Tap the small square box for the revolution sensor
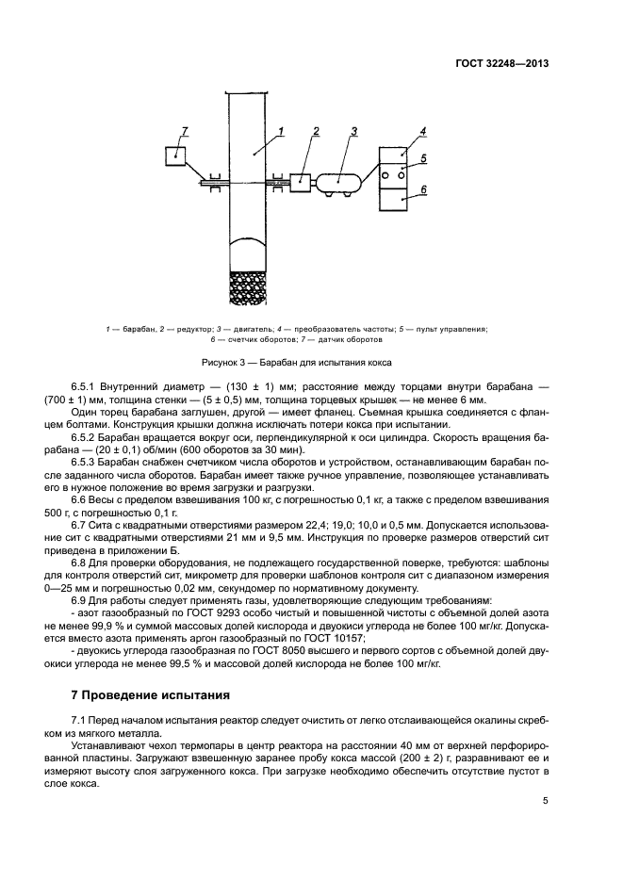176,155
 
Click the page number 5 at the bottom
545,801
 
